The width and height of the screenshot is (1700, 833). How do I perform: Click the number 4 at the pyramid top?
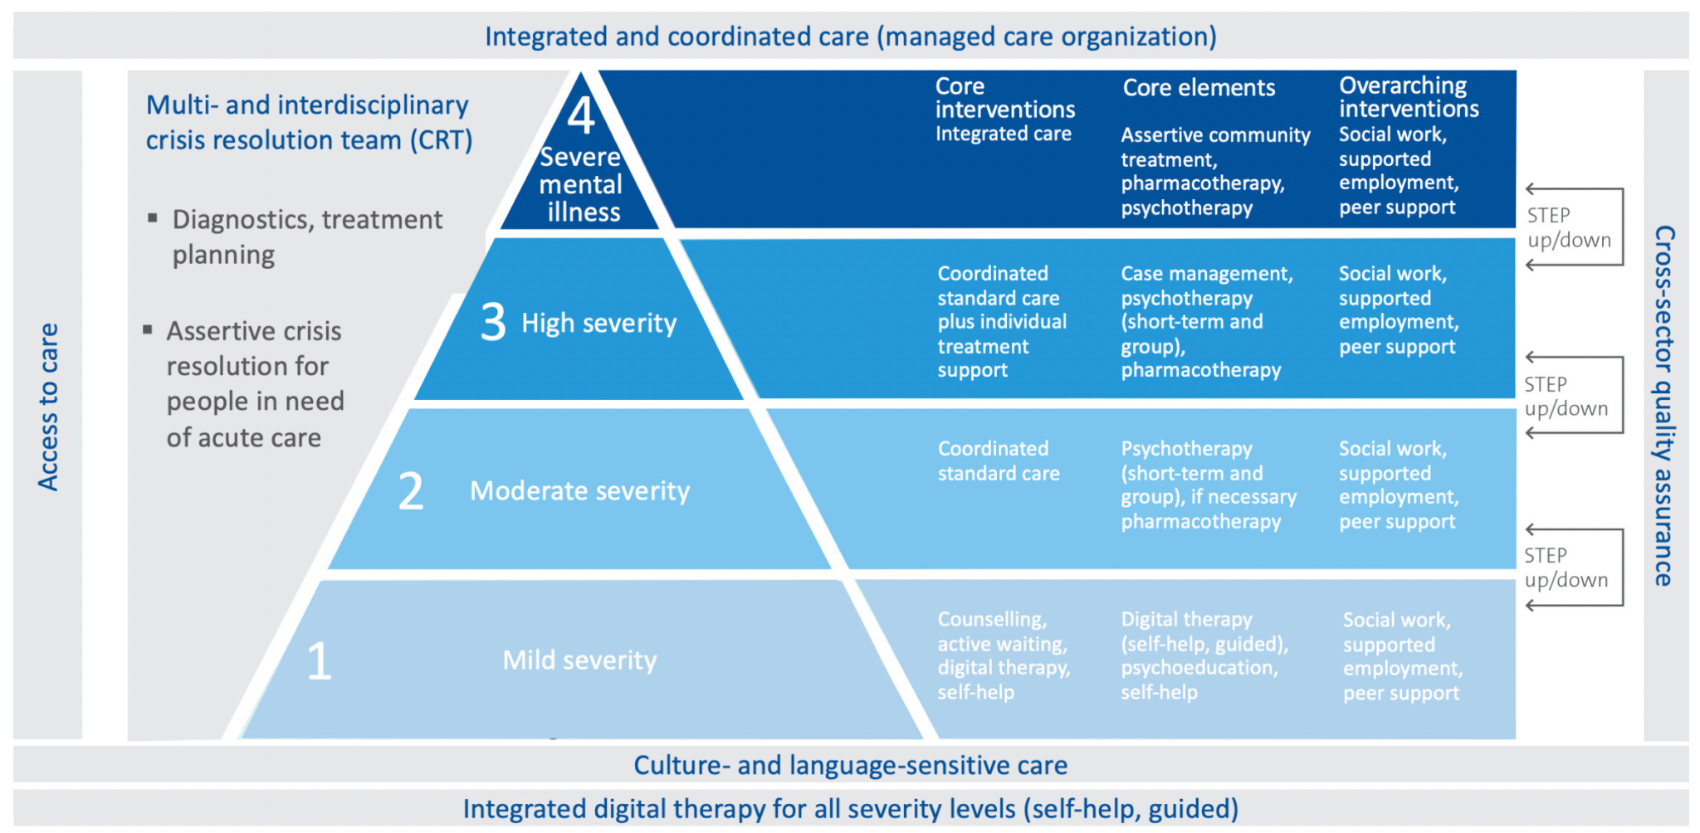[581, 115]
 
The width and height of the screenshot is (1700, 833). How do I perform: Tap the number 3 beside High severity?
[493, 322]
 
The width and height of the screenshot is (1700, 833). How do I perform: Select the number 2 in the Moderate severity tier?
[411, 490]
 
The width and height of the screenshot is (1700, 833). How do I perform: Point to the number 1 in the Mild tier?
[320, 661]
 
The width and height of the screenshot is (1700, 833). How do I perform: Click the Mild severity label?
[579, 660]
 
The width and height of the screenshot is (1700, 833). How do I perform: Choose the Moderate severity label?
[579, 491]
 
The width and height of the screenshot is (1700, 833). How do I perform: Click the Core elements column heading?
[1199, 88]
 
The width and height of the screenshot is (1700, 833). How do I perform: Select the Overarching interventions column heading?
[1409, 97]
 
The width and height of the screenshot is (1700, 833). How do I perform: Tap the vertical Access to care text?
[48, 407]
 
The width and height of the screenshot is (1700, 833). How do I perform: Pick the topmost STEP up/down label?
[1568, 227]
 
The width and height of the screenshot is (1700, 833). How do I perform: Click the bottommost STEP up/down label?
[1566, 568]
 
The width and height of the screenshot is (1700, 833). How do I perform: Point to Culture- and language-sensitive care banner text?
[850, 765]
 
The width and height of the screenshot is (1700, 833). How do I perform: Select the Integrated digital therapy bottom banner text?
[850, 809]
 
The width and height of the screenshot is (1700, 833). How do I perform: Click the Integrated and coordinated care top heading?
[850, 37]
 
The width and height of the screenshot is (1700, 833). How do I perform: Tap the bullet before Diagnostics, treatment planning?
[152, 218]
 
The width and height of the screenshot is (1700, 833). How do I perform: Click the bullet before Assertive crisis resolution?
[148, 330]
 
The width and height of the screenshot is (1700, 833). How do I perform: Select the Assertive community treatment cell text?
[1214, 171]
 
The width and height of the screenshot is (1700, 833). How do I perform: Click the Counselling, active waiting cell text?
[1004, 655]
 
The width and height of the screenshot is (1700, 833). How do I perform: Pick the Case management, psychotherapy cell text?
[1206, 321]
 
